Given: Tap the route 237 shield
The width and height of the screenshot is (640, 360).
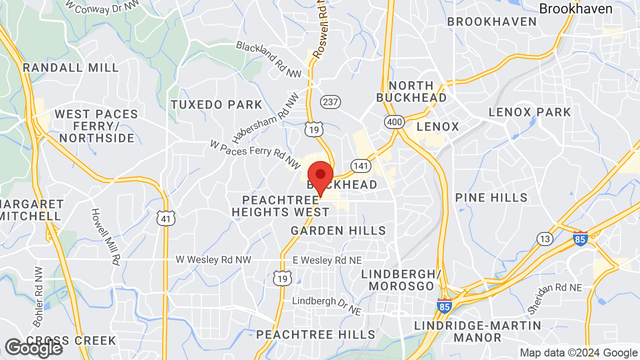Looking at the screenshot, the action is (x=330, y=102).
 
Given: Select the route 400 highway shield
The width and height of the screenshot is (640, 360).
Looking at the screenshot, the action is (x=394, y=121).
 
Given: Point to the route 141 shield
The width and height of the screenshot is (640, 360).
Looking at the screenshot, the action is (x=360, y=165).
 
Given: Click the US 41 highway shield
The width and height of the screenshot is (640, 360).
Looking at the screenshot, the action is (x=166, y=218).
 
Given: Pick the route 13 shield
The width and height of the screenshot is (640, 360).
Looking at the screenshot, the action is (x=545, y=238).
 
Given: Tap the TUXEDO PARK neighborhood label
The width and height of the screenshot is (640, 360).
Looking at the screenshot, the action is (x=216, y=104).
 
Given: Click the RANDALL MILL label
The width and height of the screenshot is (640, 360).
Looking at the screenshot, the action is (x=71, y=67).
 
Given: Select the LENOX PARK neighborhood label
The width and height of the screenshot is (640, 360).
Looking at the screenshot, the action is (x=529, y=112).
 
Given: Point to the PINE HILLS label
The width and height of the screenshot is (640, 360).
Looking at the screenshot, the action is (x=491, y=197).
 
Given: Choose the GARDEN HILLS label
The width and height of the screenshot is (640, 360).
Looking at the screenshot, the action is (x=338, y=230).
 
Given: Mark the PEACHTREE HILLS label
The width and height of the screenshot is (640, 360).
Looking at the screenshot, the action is (x=315, y=334).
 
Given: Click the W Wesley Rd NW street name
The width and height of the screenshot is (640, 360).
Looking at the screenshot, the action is (x=213, y=259).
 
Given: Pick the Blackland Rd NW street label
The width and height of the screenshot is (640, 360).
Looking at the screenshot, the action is (x=269, y=59).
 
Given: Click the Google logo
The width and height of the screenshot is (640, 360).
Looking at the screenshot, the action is (x=34, y=348).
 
